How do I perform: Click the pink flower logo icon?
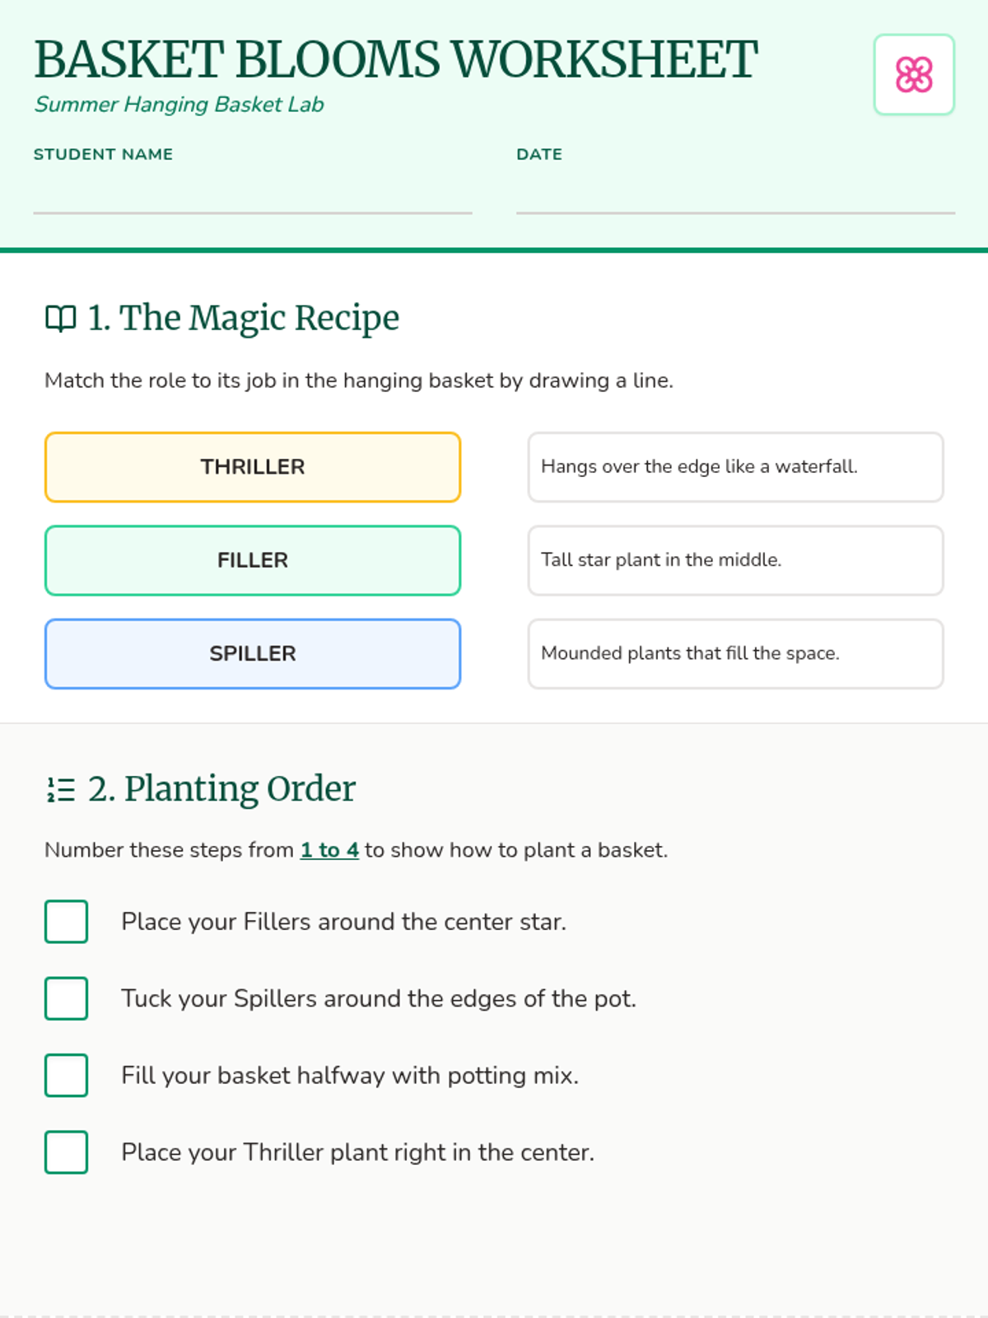click(x=914, y=74)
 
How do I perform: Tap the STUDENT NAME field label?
click(x=103, y=154)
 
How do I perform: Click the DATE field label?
click(x=539, y=154)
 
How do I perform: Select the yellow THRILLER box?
click(x=253, y=466)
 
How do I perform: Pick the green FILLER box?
click(x=253, y=560)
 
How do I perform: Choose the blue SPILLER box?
click(x=253, y=653)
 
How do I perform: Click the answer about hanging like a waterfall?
click(x=735, y=466)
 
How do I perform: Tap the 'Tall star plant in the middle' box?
click(x=735, y=560)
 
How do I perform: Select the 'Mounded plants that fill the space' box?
click(x=735, y=653)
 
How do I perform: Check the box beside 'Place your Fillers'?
click(x=66, y=921)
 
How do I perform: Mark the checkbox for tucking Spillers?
click(x=66, y=998)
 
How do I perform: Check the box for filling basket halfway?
click(x=66, y=1075)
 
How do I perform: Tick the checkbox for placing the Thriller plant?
click(x=66, y=1152)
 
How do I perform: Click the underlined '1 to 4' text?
click(x=329, y=849)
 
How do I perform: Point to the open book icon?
click(x=61, y=318)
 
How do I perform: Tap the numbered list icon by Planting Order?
click(x=61, y=789)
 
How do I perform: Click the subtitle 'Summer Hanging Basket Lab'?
click(x=179, y=105)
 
